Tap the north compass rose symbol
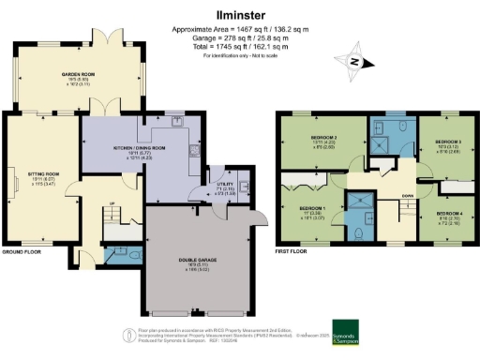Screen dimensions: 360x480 coord(353,62)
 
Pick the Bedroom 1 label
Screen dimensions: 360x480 coord(313,208)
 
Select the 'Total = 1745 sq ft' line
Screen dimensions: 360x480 coord(240,47)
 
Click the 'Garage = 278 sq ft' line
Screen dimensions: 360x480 coord(240,38)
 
